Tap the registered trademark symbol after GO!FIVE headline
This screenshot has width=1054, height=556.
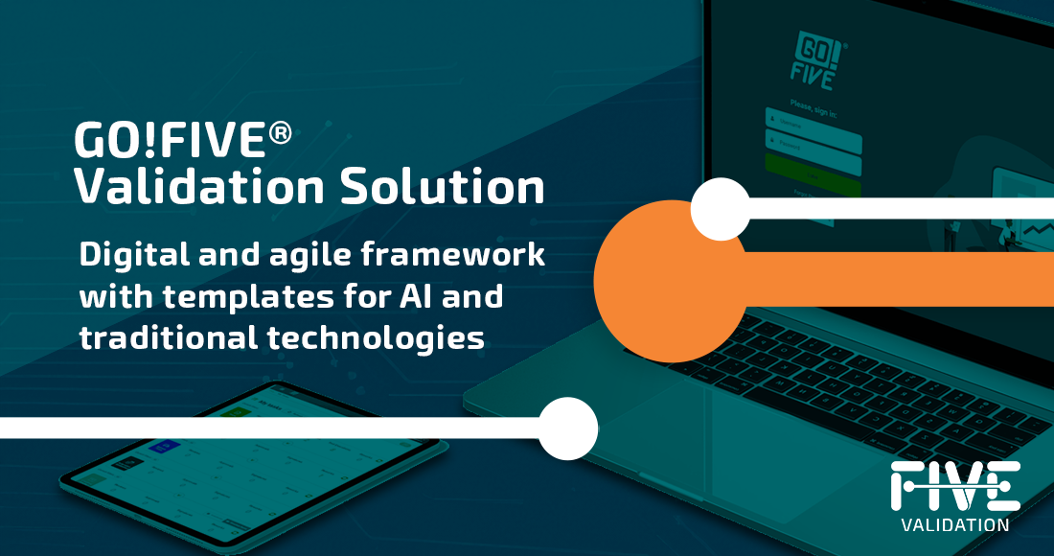click(280, 133)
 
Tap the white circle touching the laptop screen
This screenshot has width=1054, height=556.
click(720, 208)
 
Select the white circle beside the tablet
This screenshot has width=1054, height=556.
click(568, 428)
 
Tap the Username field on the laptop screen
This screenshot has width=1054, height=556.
click(813, 122)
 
